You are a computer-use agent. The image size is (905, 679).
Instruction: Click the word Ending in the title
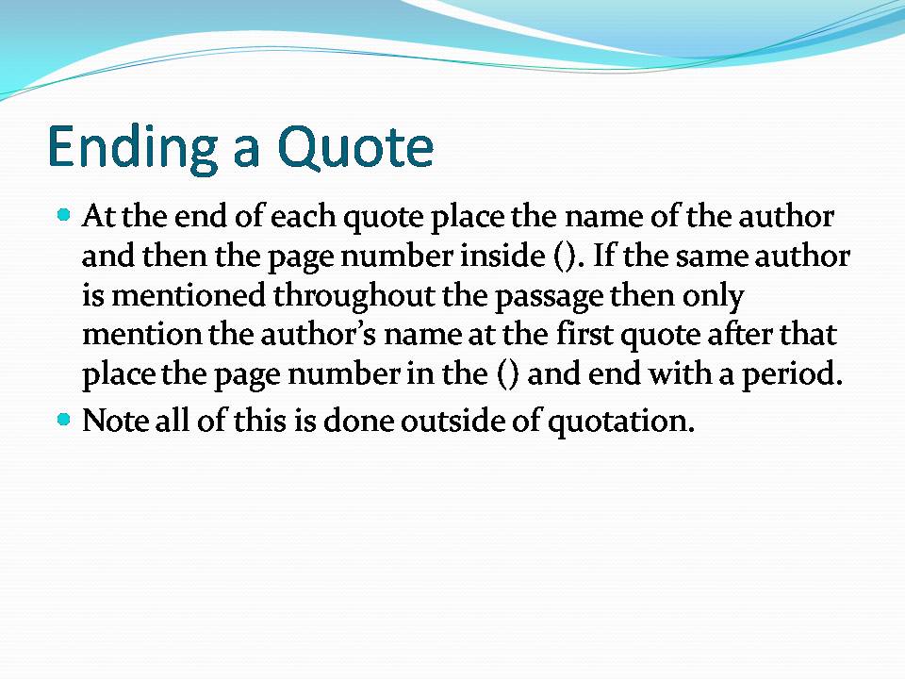[133, 148]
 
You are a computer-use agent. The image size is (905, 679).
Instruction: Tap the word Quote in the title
[355, 147]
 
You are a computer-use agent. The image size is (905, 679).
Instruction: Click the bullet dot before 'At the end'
[64, 215]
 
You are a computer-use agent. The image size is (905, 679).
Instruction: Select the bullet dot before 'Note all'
[64, 419]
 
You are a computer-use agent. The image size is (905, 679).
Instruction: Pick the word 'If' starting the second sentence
[604, 256]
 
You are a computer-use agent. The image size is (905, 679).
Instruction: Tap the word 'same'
[713, 257]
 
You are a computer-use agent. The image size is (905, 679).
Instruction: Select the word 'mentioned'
[189, 295]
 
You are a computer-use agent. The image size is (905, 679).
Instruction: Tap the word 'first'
[584, 334]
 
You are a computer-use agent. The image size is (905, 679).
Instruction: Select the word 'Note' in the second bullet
[115, 421]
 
